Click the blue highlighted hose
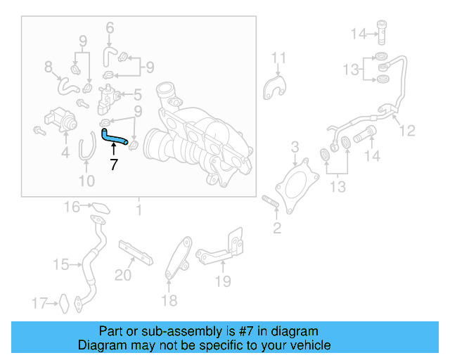[x=113, y=138]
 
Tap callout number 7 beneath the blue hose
[x=113, y=165]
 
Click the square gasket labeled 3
[x=294, y=184]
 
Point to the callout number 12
[x=408, y=130]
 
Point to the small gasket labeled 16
[x=101, y=208]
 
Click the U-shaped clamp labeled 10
[x=86, y=149]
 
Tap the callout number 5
[x=138, y=93]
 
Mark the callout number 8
[x=49, y=67]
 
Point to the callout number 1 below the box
[x=139, y=210]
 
